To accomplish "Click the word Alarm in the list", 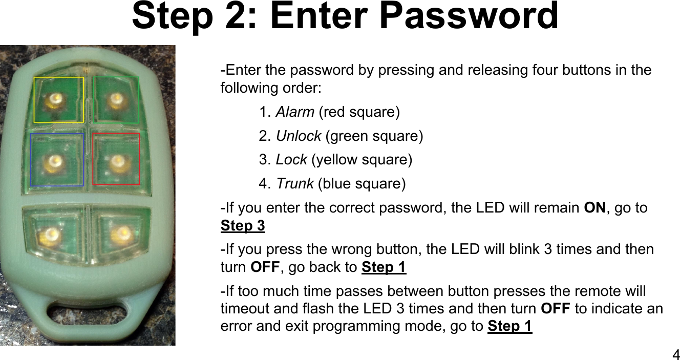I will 295,112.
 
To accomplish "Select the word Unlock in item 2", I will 299,136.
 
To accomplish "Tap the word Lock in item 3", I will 291,160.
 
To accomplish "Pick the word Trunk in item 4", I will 295,183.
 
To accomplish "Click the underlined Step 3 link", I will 243,226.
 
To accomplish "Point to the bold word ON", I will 595,208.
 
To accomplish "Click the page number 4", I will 675,354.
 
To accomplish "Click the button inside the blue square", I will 52,163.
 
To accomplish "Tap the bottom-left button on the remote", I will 51,235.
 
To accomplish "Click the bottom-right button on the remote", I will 122,235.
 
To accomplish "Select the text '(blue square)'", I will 362,183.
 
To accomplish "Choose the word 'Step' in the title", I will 172,16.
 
